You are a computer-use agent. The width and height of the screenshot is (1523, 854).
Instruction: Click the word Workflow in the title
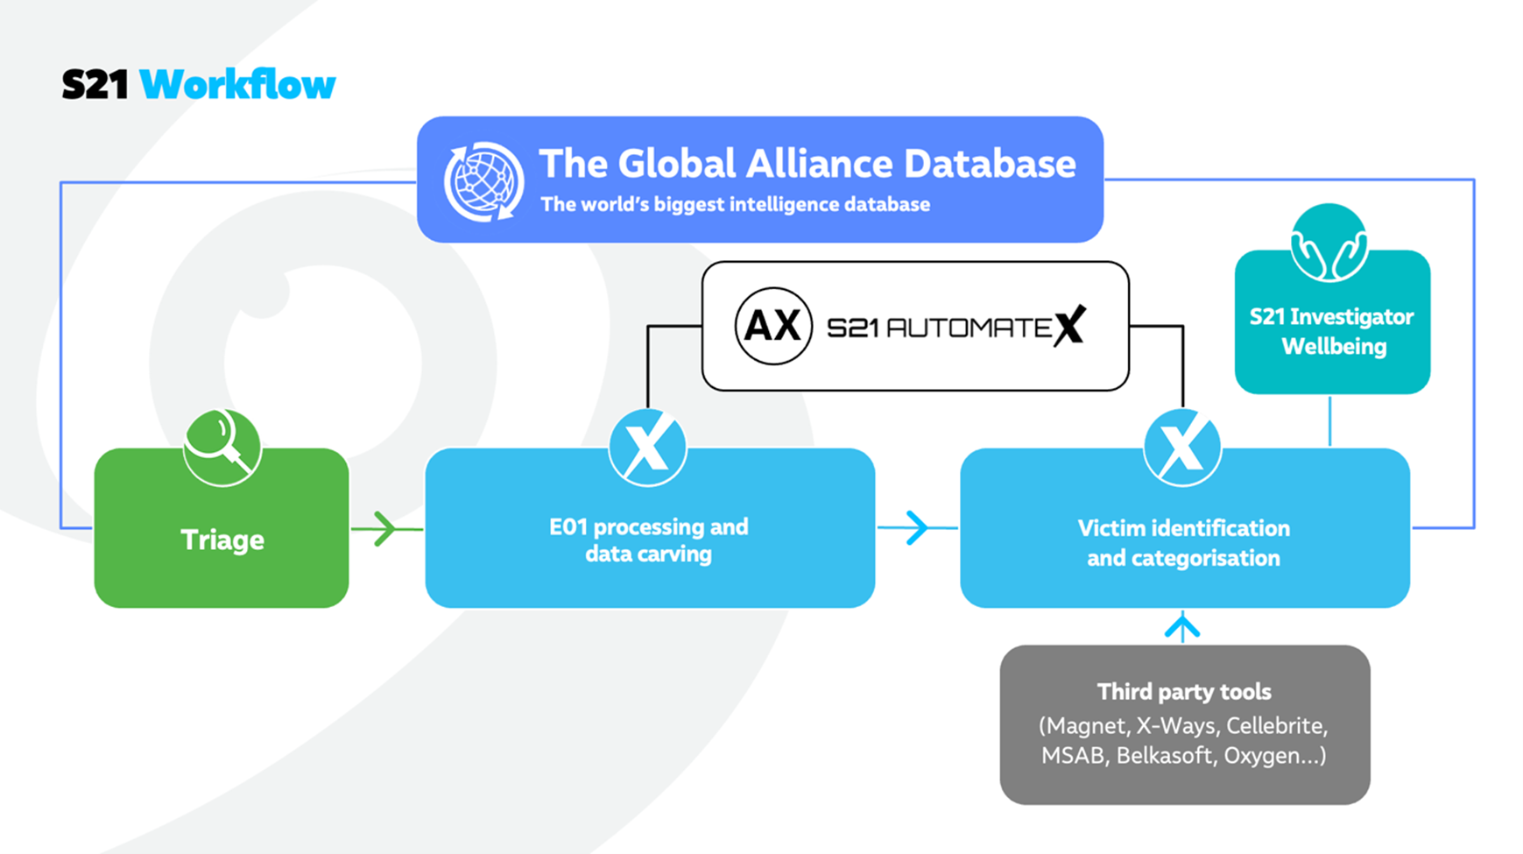pos(237,85)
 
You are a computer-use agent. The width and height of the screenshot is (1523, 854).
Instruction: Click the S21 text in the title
pos(95,85)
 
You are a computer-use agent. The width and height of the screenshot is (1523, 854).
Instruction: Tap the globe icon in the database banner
pos(483,181)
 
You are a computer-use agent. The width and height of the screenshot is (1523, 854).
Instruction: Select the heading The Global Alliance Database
pos(807,164)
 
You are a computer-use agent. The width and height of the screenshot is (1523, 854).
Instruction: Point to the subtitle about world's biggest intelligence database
pos(735,205)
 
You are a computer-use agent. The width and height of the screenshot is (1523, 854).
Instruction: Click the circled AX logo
pos(772,326)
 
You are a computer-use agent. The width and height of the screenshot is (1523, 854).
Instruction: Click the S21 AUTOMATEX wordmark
pos(955,327)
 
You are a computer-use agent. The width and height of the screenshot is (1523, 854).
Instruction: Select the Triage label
pos(222,540)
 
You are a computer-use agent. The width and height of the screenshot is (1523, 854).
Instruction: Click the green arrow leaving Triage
pos(384,528)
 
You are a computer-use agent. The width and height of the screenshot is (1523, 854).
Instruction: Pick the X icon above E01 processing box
pos(647,447)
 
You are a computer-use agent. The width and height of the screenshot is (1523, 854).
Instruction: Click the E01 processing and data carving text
pos(648,540)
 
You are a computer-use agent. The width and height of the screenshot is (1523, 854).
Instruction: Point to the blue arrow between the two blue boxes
pos(916,527)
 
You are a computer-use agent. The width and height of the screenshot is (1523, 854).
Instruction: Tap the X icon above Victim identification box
pos(1181,447)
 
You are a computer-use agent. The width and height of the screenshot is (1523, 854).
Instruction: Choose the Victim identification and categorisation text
pos(1183,543)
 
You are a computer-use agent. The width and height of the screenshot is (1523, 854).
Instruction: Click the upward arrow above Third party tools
pos(1182,627)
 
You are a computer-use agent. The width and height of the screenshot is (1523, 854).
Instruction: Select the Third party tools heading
pos(1184,692)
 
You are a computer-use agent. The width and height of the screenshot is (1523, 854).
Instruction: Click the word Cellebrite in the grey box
pos(1276,726)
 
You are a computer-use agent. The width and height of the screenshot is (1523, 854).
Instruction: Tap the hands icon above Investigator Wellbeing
pos(1329,243)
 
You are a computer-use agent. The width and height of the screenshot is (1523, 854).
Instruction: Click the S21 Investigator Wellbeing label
pos(1332,331)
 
